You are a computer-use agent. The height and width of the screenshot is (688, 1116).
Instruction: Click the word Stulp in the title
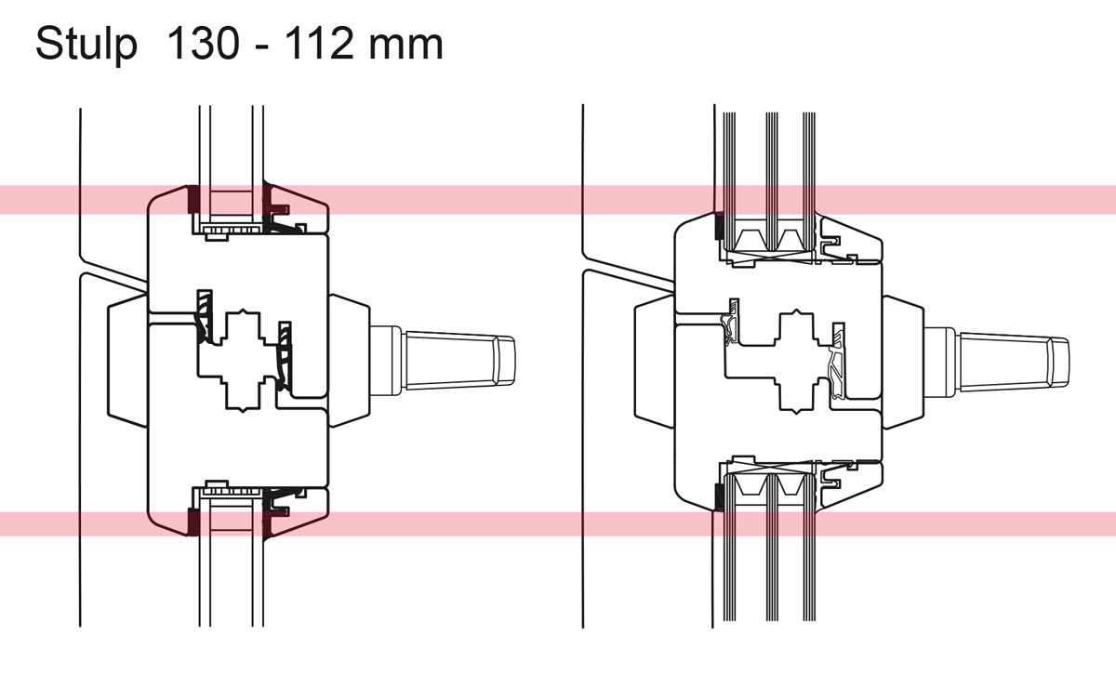coord(85,44)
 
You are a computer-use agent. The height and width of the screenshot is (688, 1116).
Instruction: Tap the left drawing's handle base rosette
coord(350,359)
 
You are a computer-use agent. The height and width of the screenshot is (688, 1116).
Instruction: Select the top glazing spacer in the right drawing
coord(768,243)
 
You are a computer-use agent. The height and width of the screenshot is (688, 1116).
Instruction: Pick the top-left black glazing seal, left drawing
coord(193,198)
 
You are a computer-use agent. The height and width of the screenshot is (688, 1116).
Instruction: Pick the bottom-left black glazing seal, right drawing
coord(719,496)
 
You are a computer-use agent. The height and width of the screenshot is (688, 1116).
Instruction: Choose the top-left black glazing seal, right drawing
coord(719,226)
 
